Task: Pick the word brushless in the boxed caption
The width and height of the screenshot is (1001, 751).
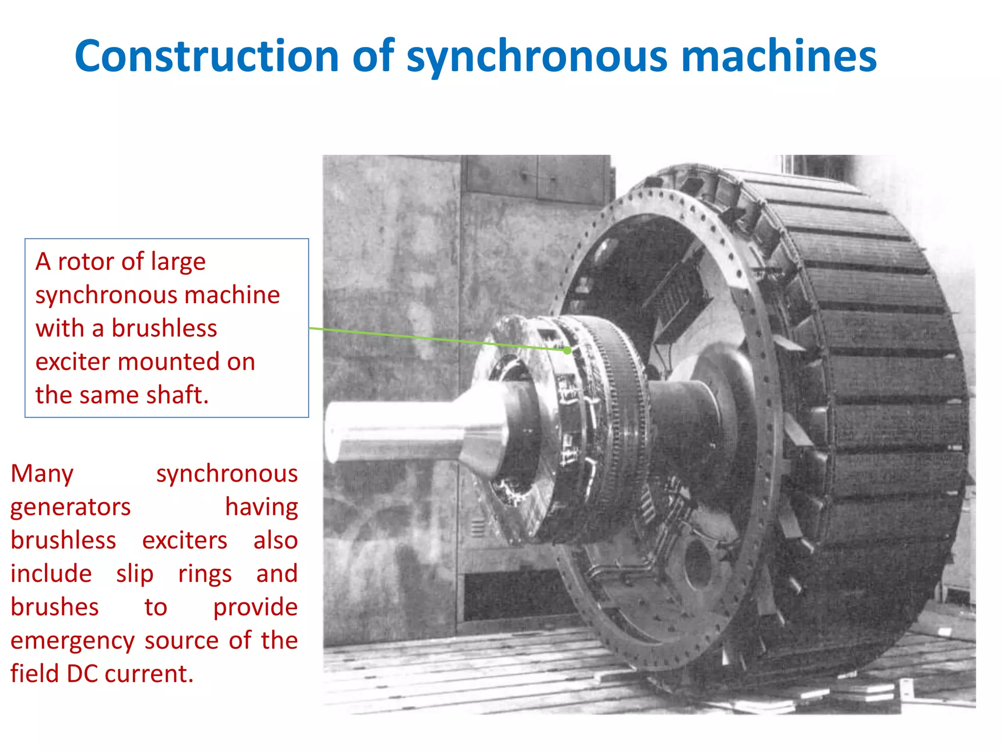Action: pos(164,328)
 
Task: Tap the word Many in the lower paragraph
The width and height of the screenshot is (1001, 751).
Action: pos(42,474)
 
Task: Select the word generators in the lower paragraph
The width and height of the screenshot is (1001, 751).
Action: pos(70,508)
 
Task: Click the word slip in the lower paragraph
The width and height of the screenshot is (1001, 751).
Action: pos(135,574)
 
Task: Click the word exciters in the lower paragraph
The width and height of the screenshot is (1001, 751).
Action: pos(185,541)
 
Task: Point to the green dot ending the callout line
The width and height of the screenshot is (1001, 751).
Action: pos(567,351)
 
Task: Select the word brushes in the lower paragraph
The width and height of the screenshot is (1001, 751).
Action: pos(55,607)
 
